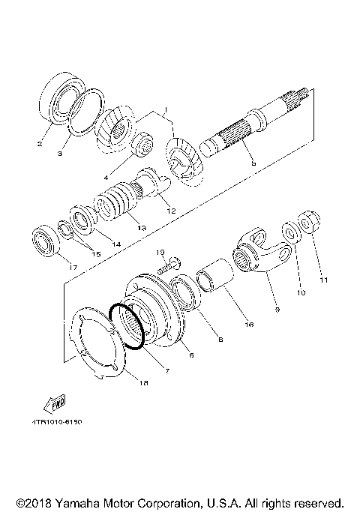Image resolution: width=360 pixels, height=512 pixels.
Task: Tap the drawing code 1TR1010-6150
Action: (x=56, y=422)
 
